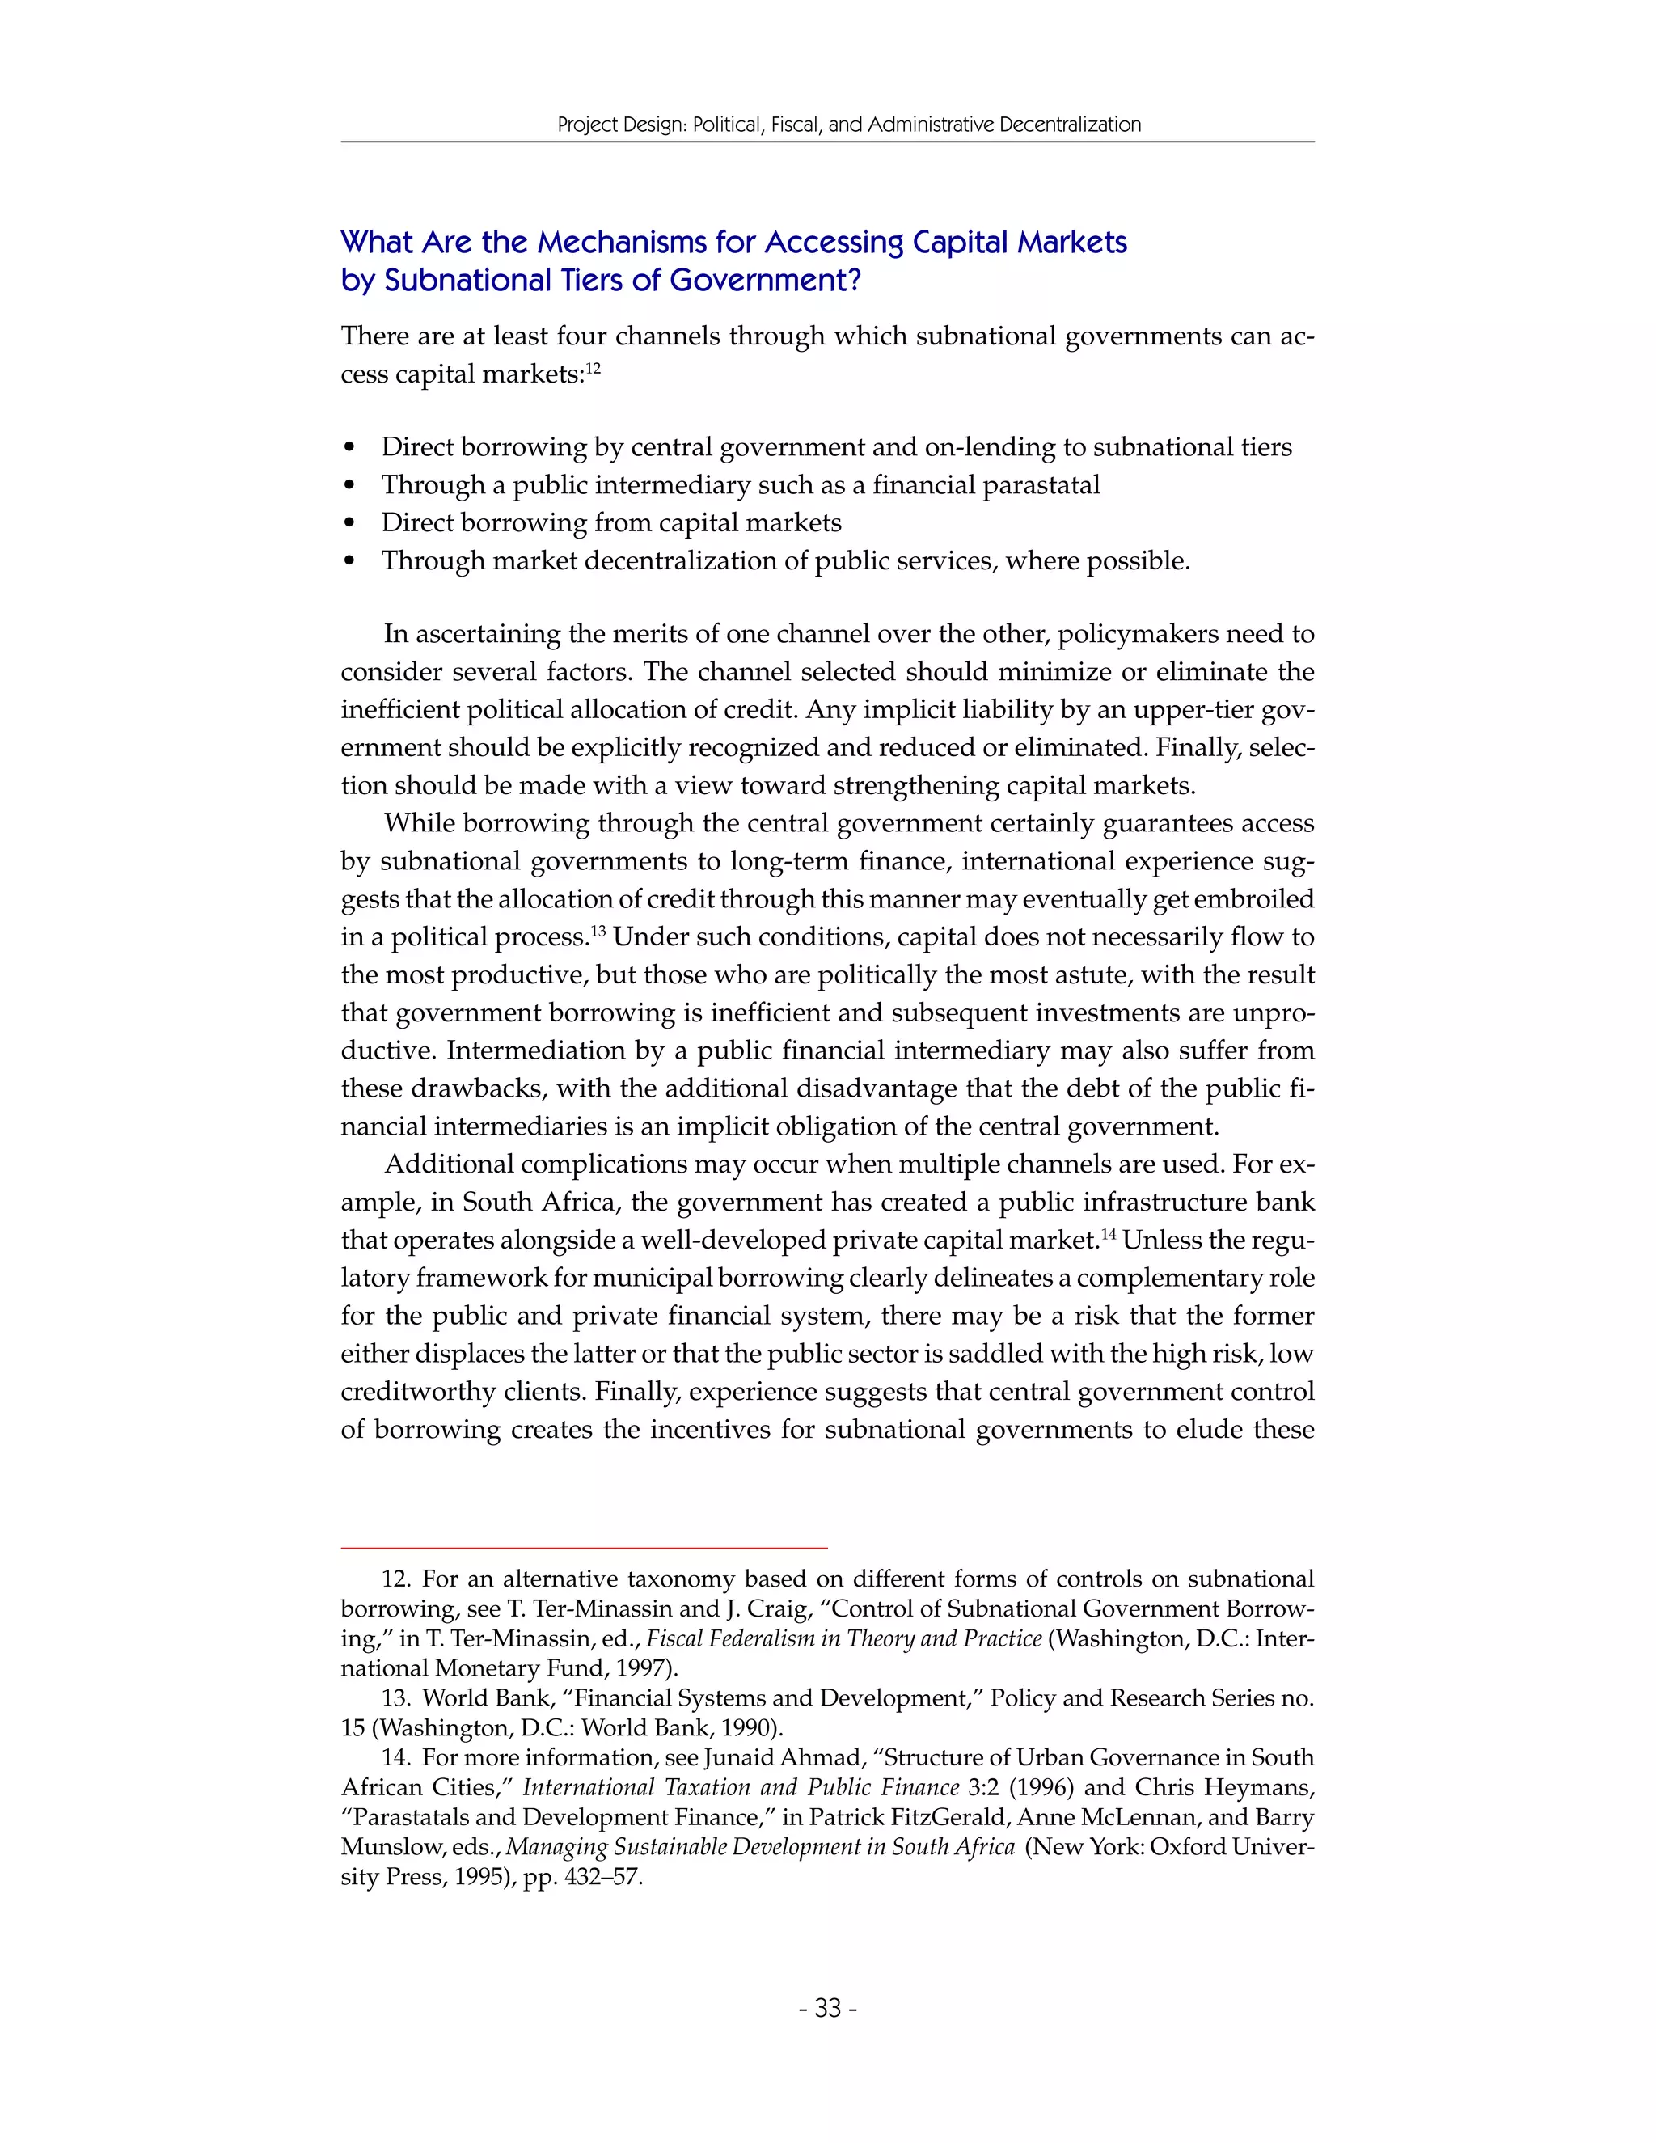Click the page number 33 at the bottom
(828, 2009)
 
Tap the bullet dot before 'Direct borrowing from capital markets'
(350, 524)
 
